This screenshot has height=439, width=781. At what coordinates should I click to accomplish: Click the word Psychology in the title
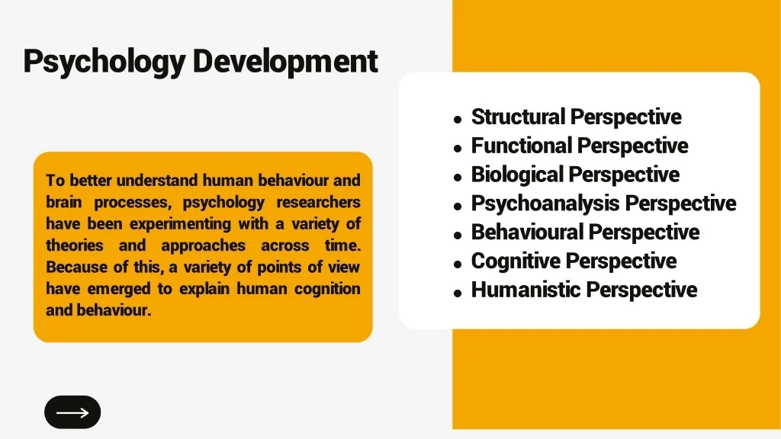[104, 62]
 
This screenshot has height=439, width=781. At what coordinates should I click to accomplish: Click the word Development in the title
[285, 61]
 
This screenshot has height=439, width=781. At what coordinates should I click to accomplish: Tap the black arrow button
[72, 412]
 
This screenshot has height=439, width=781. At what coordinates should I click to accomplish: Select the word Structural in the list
[518, 117]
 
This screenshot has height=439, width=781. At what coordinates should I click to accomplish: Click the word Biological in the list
[517, 175]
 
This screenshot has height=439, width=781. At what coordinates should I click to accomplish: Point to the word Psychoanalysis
[545, 204]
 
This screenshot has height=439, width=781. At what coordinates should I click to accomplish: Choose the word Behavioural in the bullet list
[527, 232]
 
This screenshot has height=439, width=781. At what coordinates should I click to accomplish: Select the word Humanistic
[525, 290]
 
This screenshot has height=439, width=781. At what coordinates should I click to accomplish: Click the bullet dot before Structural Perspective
[458, 120]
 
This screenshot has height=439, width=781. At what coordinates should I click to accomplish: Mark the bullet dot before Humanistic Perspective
[458, 293]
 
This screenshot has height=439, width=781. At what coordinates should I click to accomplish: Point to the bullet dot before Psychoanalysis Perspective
[458, 206]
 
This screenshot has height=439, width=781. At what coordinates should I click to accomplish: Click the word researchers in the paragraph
[318, 202]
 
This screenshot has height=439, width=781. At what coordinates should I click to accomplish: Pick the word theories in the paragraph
[75, 245]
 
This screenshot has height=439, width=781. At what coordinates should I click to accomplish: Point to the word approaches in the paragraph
[203, 246]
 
